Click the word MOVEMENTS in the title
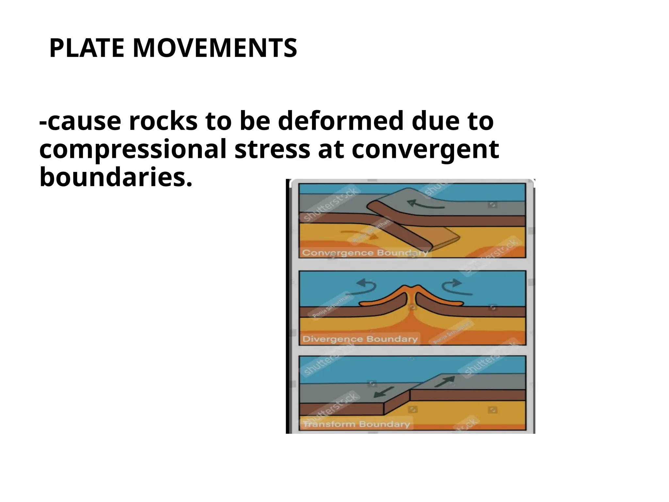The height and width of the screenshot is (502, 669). [215, 48]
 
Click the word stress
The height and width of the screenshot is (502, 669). [272, 150]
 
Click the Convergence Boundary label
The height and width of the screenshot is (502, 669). [365, 253]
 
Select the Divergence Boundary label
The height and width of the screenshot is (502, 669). [360, 339]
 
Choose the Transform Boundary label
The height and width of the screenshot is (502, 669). [356, 424]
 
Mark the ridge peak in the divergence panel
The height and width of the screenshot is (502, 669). [413, 288]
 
